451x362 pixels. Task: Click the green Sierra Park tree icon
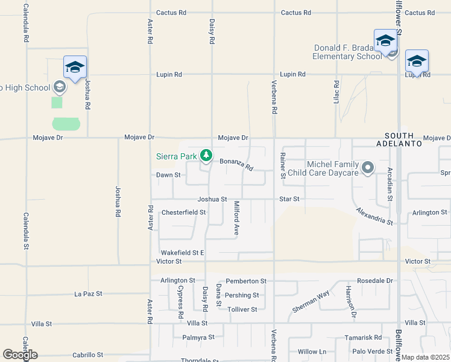pos(206,156)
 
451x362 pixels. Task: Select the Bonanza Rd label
pos(236,164)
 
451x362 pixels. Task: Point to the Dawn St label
pos(168,175)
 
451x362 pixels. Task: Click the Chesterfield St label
pos(184,212)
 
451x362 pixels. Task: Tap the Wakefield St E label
pos(182,252)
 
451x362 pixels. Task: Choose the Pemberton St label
pos(246,281)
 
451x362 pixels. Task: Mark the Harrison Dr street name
pos(351,301)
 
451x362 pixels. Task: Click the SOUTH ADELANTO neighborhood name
pos(407,140)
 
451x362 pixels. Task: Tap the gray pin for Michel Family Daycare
pos(368,167)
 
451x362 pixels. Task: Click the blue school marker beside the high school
pos(75,68)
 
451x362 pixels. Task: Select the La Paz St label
pos(88,294)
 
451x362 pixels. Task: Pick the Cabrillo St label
pos(87,355)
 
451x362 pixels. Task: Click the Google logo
pos(20,355)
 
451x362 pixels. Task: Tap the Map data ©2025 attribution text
pos(425,357)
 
